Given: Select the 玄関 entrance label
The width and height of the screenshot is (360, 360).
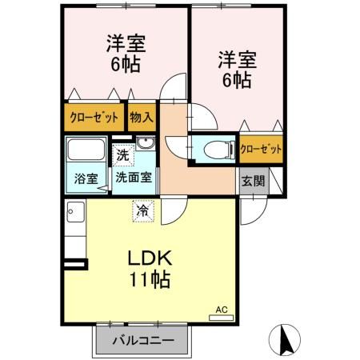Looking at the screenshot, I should point(250,179).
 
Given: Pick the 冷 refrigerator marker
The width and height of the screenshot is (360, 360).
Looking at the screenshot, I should point(142,211).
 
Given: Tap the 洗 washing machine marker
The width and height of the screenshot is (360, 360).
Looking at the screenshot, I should point(122,153).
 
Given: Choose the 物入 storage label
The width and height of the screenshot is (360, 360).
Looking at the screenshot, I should point(142,117).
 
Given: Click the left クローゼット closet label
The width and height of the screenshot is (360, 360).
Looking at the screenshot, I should point(94,117).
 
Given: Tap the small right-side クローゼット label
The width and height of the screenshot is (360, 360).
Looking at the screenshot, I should point(261,149).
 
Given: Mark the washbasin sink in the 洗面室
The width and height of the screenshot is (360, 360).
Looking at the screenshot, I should point(145,144).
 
